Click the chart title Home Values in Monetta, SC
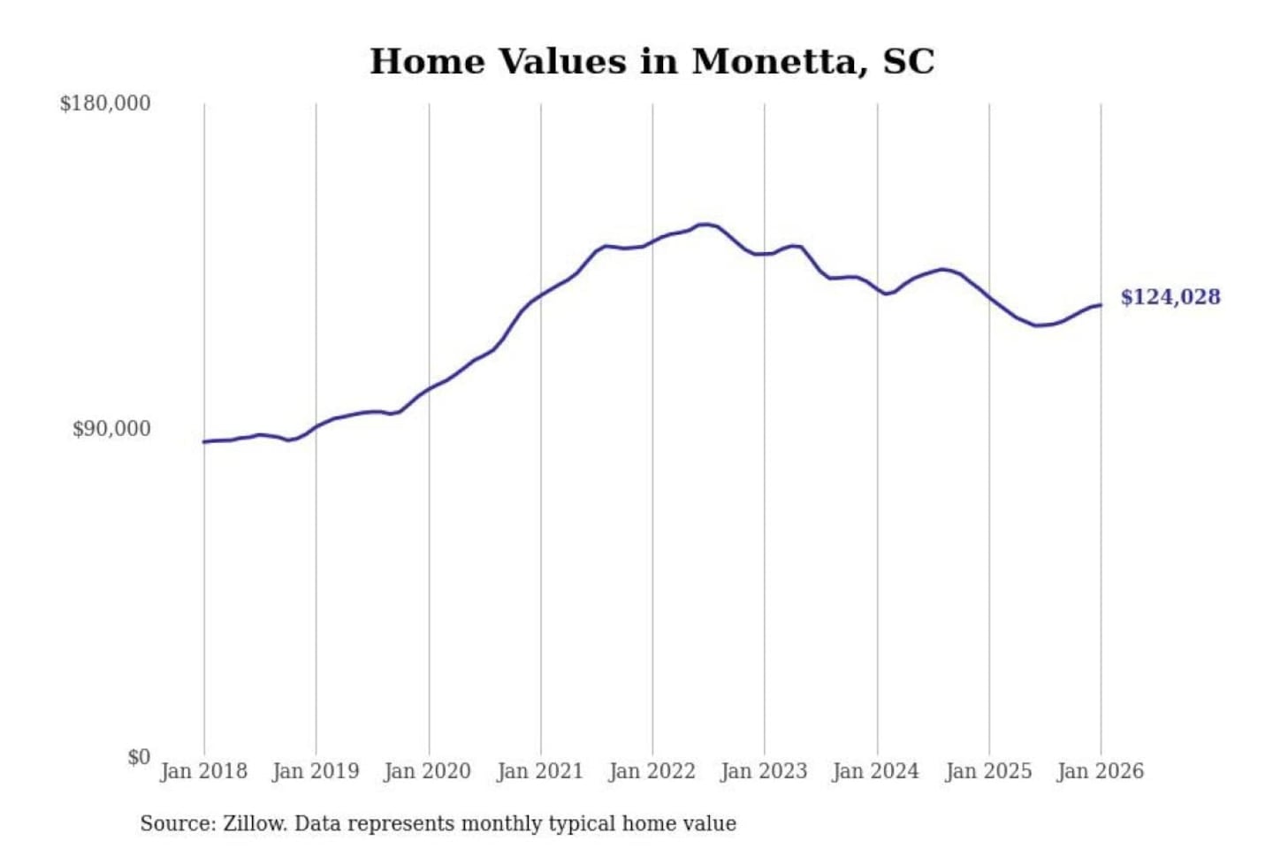[x=652, y=62]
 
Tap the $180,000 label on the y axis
[x=105, y=103]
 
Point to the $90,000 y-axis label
[x=111, y=429]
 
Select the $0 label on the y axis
[x=138, y=757]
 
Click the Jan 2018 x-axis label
[x=203, y=771]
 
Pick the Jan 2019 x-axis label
[x=316, y=771]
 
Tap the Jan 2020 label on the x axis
[x=428, y=771]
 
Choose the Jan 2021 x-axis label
[x=540, y=771]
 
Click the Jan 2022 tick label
[x=652, y=771]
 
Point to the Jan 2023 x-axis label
[x=765, y=771]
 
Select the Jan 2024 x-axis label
[x=876, y=771]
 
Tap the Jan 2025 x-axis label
[x=988, y=771]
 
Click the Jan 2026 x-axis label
[x=1101, y=771]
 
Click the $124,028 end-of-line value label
[x=1170, y=297]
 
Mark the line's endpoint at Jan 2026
[x=1101, y=305]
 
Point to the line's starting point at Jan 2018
[x=204, y=441]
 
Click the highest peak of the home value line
[x=705, y=225]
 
